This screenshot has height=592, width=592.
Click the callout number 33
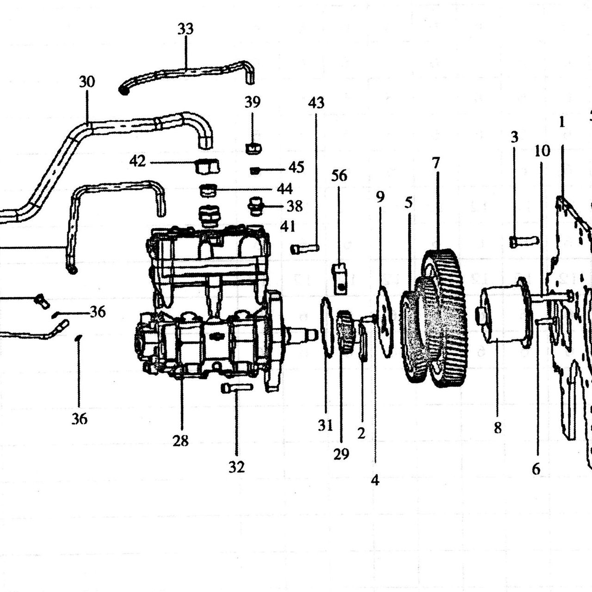(185, 29)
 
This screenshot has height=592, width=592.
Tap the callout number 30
(87, 82)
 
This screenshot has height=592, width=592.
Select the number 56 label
(339, 175)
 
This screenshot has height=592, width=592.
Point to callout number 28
(180, 441)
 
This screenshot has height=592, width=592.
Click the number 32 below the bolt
(236, 467)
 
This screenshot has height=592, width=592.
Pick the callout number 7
(436, 162)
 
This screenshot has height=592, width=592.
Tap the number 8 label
(498, 427)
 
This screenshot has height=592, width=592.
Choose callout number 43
(316, 103)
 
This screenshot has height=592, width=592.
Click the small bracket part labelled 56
(339, 278)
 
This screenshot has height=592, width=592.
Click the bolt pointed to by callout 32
(237, 388)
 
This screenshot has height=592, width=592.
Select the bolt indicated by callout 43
(305, 248)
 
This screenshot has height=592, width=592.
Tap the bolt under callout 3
(524, 241)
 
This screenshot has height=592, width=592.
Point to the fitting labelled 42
(208, 166)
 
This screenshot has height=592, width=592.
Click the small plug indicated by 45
(255, 171)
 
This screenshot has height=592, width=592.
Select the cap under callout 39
(253, 148)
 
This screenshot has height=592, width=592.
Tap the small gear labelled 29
(345, 332)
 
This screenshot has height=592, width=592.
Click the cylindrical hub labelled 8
(504, 316)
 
